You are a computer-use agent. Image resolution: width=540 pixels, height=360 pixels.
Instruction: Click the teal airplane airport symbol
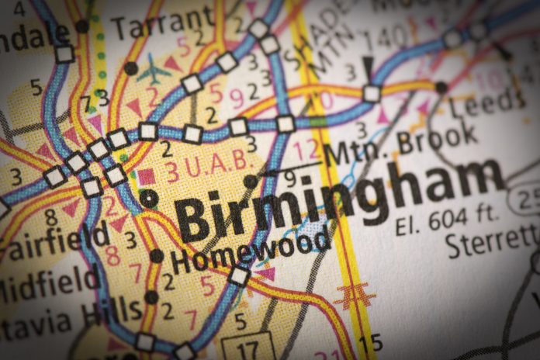coord(154,72)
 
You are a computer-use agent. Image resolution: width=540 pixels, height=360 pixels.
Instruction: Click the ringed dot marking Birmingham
coord(148,198)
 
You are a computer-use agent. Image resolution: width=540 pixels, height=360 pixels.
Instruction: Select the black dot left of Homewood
coord(157,255)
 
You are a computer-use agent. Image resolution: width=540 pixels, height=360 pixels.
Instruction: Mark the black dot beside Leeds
coord(441,88)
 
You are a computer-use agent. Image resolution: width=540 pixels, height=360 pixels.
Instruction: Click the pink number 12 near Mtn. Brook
coord(307,149)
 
